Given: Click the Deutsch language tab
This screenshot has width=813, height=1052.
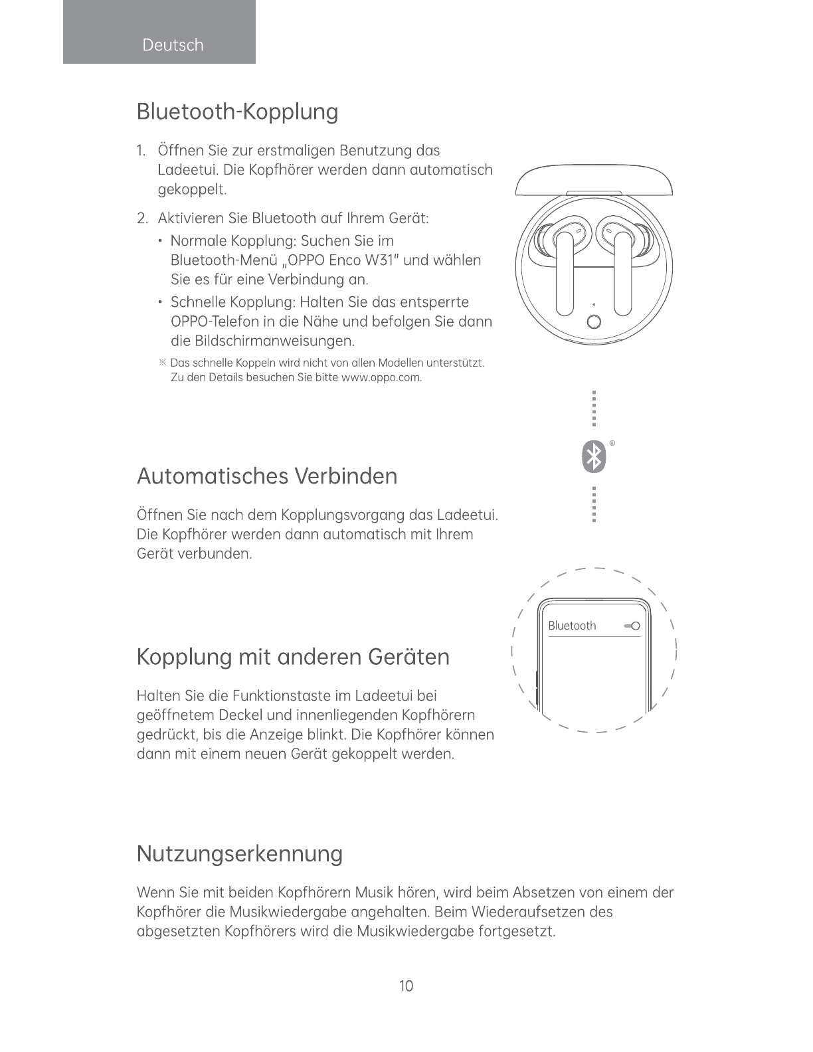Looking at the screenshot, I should pyautogui.click(x=172, y=45).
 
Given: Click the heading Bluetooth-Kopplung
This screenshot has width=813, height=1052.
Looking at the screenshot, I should pyautogui.click(x=237, y=112).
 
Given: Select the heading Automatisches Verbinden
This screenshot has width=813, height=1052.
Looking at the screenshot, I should pyautogui.click(x=266, y=476).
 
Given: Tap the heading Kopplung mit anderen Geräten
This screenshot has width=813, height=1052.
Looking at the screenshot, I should pyautogui.click(x=293, y=657).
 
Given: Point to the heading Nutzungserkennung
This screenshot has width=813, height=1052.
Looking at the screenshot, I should pyautogui.click(x=239, y=853).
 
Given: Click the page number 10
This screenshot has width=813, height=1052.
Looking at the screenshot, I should pyautogui.click(x=406, y=986).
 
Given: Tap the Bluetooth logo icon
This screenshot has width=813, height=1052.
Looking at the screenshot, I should pyautogui.click(x=594, y=456).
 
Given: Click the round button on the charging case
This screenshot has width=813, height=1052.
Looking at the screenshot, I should pyautogui.click(x=594, y=322).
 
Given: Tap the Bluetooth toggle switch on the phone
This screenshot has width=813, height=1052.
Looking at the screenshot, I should pyautogui.click(x=632, y=626).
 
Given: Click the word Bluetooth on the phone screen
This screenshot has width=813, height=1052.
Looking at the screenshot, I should pyautogui.click(x=572, y=626).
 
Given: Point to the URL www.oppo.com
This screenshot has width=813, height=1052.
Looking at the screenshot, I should pyautogui.click(x=381, y=378).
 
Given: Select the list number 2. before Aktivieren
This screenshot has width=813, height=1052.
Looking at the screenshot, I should pyautogui.click(x=141, y=219).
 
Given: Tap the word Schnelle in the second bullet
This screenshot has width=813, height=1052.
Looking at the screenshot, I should pyautogui.click(x=199, y=303).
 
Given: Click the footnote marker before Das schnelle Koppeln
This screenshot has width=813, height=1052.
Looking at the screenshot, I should pyautogui.click(x=162, y=363).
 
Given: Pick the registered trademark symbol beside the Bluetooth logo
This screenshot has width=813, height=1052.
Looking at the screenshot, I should pyautogui.click(x=612, y=442).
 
